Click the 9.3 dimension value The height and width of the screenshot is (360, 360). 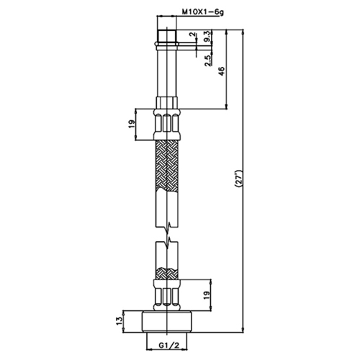pos(207,36)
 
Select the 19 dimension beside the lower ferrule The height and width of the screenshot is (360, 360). pos(207,295)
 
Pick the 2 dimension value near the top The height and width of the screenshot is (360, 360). pos(192,35)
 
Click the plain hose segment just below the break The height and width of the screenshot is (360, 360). pos(166,253)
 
